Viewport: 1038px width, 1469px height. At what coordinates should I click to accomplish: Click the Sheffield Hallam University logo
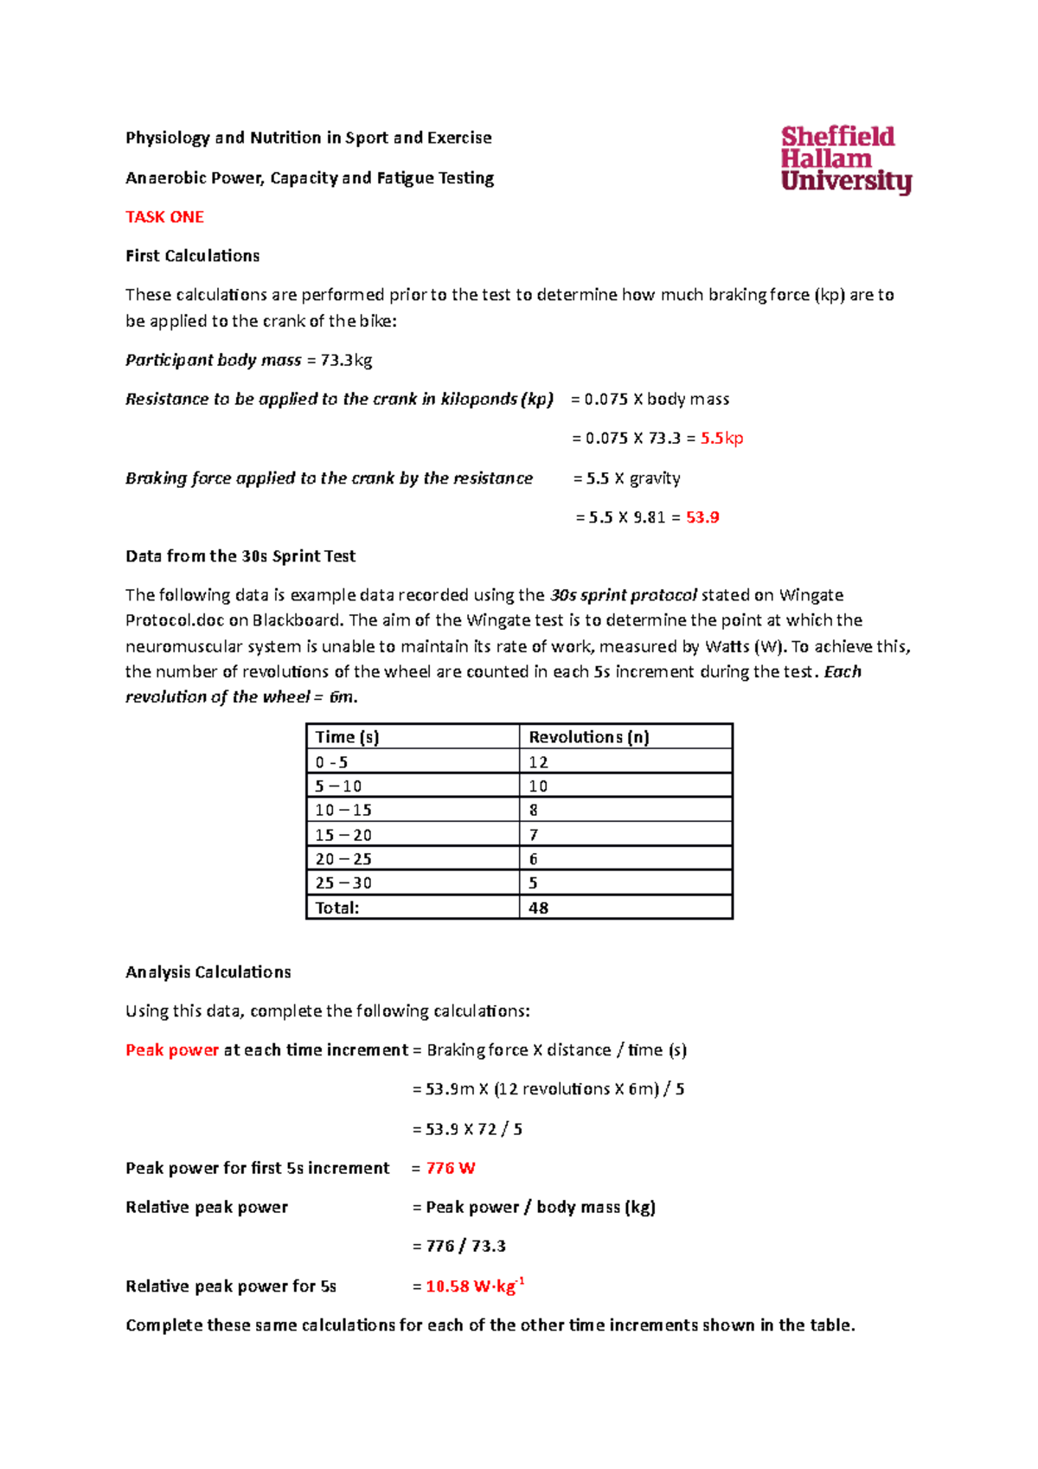[845, 159]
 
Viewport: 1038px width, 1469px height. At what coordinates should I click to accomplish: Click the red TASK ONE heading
[164, 217]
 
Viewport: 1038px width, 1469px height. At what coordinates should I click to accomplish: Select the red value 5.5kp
[721, 439]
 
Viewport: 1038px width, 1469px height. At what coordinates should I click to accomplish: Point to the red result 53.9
[702, 517]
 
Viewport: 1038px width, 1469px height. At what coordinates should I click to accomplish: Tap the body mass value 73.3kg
[346, 360]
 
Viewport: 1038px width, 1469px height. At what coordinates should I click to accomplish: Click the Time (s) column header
[348, 737]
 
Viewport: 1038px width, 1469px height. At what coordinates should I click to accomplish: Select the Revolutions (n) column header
[588, 737]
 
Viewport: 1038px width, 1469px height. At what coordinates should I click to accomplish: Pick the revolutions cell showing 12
[538, 762]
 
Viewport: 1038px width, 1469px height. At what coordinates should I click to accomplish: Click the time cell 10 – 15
[343, 811]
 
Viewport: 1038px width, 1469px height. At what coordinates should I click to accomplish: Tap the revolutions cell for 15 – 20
[534, 835]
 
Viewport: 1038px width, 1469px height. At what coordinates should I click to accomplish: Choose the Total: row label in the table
[337, 908]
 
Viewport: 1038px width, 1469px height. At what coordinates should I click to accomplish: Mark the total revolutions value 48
[538, 908]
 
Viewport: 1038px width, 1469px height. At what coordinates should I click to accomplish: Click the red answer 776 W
[450, 1168]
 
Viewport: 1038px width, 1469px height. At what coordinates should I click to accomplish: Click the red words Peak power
[172, 1050]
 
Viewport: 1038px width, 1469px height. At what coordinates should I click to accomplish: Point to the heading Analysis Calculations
[208, 972]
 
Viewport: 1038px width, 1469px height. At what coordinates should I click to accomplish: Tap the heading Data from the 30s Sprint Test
[240, 556]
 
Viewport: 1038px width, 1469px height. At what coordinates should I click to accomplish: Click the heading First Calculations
[193, 256]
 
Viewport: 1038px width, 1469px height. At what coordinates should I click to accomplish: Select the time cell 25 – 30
[343, 883]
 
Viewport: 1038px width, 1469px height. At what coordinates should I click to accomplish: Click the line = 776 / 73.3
[460, 1247]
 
